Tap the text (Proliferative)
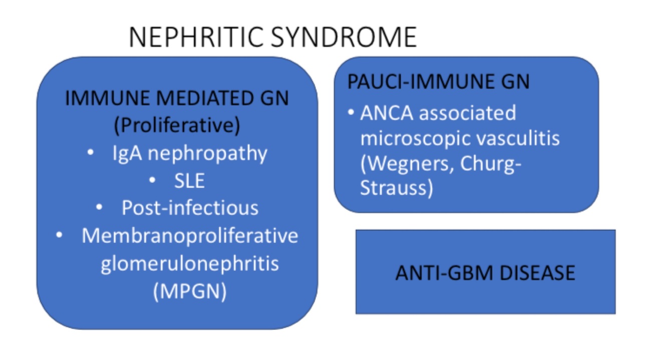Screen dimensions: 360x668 [177, 126]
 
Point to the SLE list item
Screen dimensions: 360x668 [189, 181]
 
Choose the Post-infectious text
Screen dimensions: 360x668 [190, 208]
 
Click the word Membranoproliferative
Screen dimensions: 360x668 [190, 235]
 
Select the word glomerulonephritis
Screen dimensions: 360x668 [190, 263]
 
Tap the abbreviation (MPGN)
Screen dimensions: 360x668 [190, 291]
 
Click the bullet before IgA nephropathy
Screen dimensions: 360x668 [90, 153]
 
